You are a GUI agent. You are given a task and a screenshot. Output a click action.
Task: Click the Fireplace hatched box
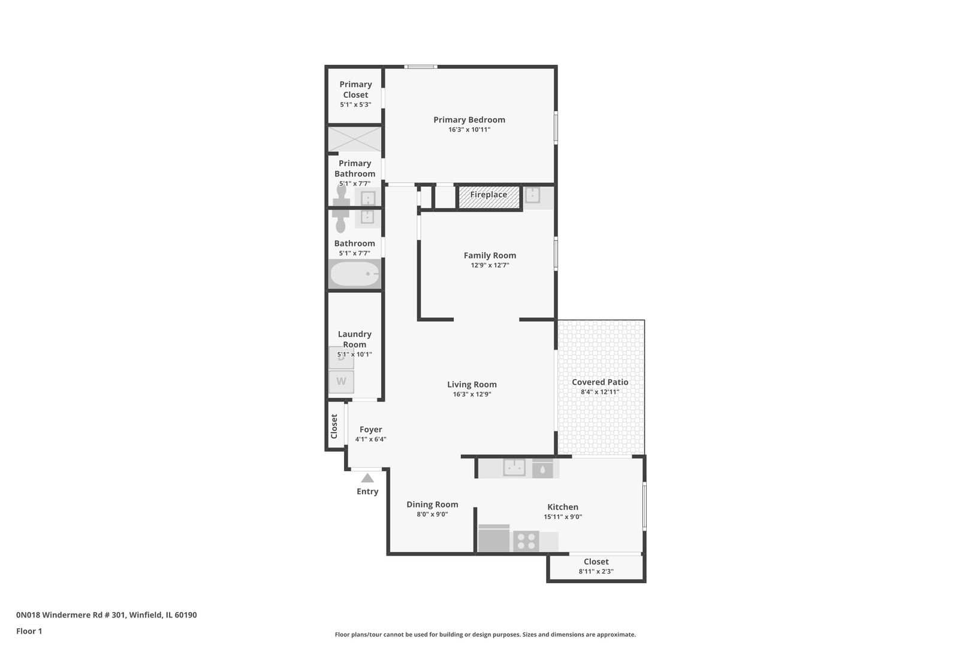pyautogui.click(x=488, y=197)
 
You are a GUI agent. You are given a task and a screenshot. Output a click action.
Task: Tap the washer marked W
pyautogui.click(x=341, y=382)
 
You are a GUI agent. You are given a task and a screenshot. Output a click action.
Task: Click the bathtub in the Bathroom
pyautogui.click(x=355, y=274)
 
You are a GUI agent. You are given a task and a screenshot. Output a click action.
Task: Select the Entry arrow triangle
pyautogui.click(x=367, y=478)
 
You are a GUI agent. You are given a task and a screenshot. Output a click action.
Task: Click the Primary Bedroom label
pyautogui.click(x=469, y=119)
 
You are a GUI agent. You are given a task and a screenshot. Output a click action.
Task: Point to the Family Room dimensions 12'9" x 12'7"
pyautogui.click(x=490, y=265)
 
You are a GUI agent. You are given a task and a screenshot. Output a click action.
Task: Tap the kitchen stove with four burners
pyautogui.click(x=526, y=541)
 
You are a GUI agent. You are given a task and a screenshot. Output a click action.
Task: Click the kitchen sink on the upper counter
pyautogui.click(x=514, y=467)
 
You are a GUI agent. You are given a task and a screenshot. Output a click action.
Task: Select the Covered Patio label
pyautogui.click(x=600, y=382)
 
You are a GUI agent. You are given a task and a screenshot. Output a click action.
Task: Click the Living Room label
pyautogui.click(x=472, y=385)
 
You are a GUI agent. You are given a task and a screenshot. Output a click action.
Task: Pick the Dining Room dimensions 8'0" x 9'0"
pyautogui.click(x=432, y=514)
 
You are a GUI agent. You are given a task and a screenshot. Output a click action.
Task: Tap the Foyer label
pyautogui.click(x=370, y=430)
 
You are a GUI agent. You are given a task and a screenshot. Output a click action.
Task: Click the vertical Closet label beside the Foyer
pyautogui.click(x=334, y=426)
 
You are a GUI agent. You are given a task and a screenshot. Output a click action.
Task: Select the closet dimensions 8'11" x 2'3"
pyautogui.click(x=596, y=572)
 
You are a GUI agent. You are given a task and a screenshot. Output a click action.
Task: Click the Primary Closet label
pyautogui.click(x=355, y=89)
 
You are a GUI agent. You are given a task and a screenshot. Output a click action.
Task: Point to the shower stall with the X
pyautogui.click(x=355, y=139)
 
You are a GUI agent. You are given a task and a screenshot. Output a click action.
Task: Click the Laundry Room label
pyautogui.click(x=354, y=339)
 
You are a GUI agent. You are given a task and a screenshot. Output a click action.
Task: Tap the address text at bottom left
pyautogui.click(x=106, y=615)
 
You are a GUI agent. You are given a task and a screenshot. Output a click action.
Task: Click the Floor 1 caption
pyautogui.click(x=29, y=631)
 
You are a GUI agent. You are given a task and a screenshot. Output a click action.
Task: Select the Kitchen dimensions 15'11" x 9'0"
pyautogui.click(x=563, y=517)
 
